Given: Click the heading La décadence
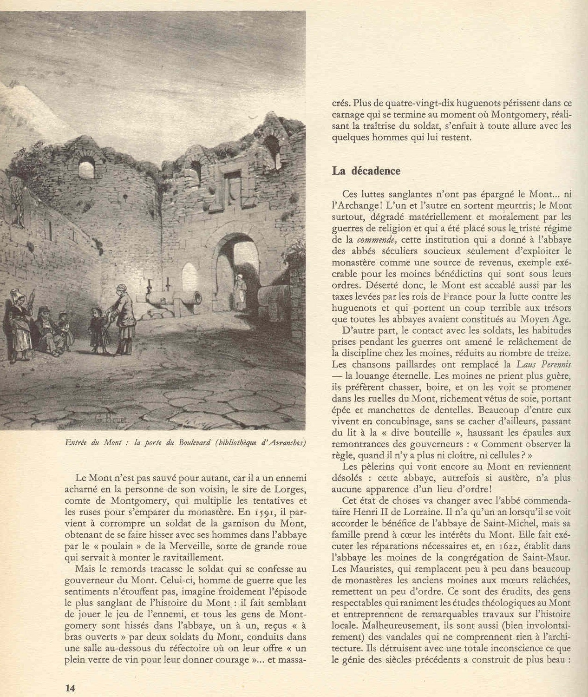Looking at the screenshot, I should click(x=366, y=171).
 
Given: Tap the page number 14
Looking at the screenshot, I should click(x=70, y=688).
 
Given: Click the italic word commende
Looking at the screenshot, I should click(x=377, y=240).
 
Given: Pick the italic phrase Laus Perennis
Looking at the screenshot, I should click(x=544, y=364).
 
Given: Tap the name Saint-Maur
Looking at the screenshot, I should click(x=548, y=557).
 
